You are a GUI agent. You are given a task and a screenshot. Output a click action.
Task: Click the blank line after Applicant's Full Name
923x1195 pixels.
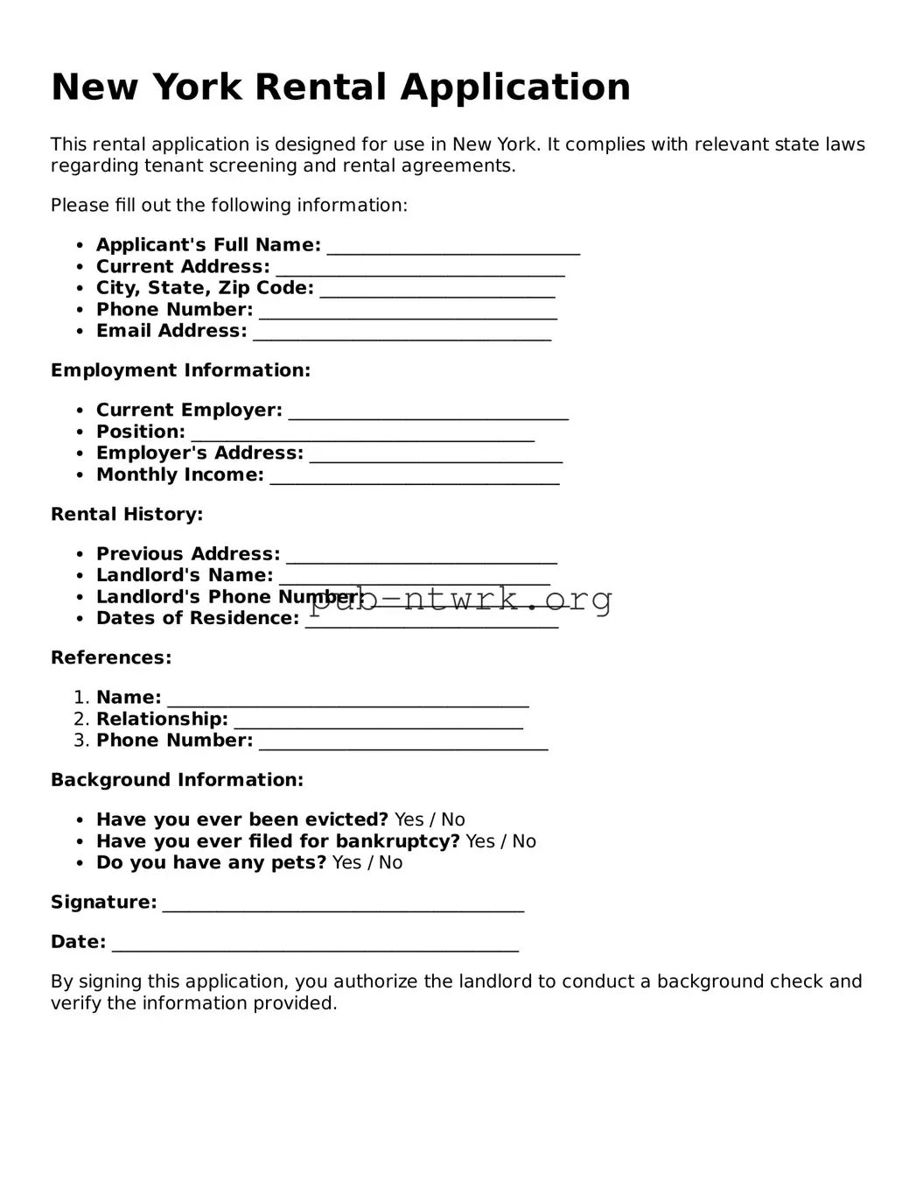click(x=453, y=247)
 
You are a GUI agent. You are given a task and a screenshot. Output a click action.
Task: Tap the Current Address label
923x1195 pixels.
click(x=183, y=267)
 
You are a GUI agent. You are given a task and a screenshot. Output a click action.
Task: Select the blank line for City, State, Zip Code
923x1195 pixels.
click(x=437, y=290)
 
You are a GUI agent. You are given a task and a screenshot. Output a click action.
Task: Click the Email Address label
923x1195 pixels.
click(x=171, y=331)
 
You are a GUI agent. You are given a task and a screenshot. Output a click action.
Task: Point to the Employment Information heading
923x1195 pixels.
click(x=180, y=370)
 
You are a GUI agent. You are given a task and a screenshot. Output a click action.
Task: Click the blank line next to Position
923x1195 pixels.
click(x=362, y=433)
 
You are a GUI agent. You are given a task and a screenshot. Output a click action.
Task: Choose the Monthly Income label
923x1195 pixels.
click(x=179, y=474)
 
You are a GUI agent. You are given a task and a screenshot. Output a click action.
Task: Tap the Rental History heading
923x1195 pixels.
click(x=127, y=514)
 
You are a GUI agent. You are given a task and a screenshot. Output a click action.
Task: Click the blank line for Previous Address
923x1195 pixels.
click(x=422, y=556)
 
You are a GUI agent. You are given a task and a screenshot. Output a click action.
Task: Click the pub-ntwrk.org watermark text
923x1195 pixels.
click(x=461, y=599)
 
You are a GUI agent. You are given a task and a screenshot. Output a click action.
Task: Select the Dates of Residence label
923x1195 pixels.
click(x=198, y=618)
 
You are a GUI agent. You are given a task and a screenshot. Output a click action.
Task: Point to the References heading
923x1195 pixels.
click(x=111, y=657)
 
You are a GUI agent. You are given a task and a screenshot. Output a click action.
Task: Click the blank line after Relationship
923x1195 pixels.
click(x=378, y=721)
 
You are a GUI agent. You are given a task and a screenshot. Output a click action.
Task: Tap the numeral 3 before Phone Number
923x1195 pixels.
click(x=80, y=741)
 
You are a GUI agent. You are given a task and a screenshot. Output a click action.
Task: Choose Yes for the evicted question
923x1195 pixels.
click(x=409, y=819)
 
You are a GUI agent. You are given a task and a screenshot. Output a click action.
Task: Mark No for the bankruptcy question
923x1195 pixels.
click(x=524, y=841)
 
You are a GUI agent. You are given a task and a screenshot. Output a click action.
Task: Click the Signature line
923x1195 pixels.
click(x=343, y=904)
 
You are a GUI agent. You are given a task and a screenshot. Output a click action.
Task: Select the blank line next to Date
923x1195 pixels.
click(x=315, y=944)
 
